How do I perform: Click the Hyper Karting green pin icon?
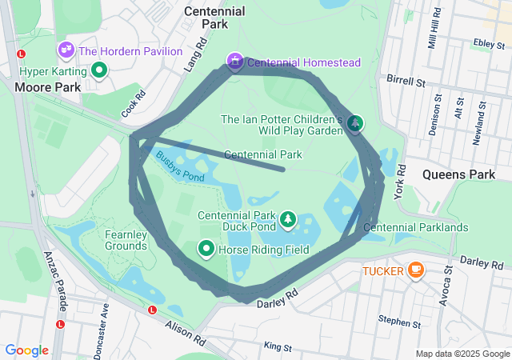(99, 70)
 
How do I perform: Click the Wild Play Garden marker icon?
(355, 123)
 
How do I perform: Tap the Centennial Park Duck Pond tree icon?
(287, 219)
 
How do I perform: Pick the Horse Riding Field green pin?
(206, 250)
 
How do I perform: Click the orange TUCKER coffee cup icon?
(415, 270)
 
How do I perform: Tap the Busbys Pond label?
(180, 166)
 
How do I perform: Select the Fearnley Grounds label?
(126, 240)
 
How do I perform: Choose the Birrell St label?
(405, 81)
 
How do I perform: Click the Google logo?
(26, 350)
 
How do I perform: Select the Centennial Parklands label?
(415, 228)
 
